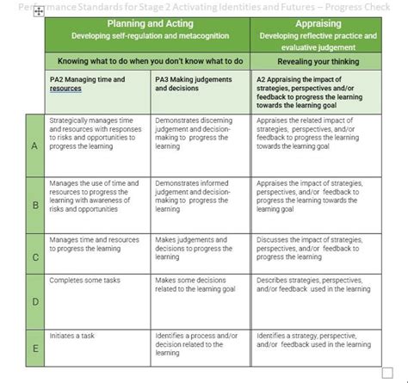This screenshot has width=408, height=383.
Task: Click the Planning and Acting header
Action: point(148,23)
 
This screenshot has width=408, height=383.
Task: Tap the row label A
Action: point(35,145)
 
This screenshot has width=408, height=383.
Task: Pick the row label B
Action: point(35,206)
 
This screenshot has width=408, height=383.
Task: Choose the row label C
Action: point(35,256)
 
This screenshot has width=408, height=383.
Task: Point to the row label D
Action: point(35,302)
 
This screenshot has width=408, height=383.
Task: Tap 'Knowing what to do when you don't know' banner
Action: point(148,61)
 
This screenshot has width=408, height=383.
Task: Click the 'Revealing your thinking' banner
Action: point(316,61)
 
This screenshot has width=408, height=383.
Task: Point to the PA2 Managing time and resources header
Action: point(87,83)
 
